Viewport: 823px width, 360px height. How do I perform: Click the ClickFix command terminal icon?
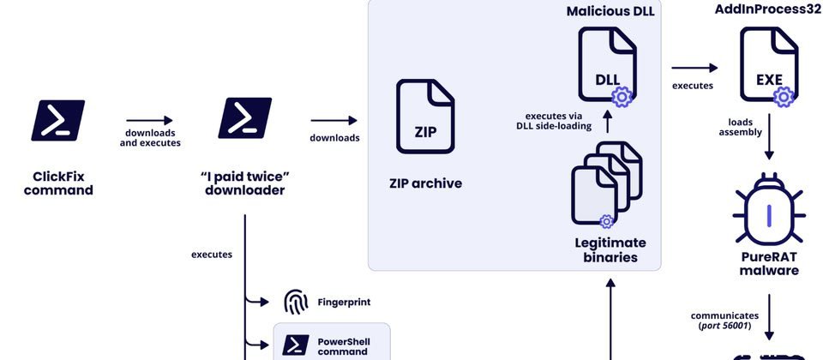point(57,120)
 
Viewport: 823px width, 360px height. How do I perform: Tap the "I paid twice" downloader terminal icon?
point(244,118)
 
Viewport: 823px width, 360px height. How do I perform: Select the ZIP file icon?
point(425,116)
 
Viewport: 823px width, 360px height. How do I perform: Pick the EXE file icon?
point(768,66)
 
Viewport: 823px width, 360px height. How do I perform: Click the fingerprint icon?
point(296,302)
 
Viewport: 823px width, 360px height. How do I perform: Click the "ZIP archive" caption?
point(425,183)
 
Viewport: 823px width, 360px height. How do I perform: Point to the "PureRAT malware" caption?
point(769,264)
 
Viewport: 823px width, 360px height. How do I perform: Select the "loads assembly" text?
point(736,128)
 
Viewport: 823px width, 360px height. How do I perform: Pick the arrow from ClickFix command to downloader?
point(149,121)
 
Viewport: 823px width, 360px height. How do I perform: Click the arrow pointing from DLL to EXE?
point(694,68)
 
